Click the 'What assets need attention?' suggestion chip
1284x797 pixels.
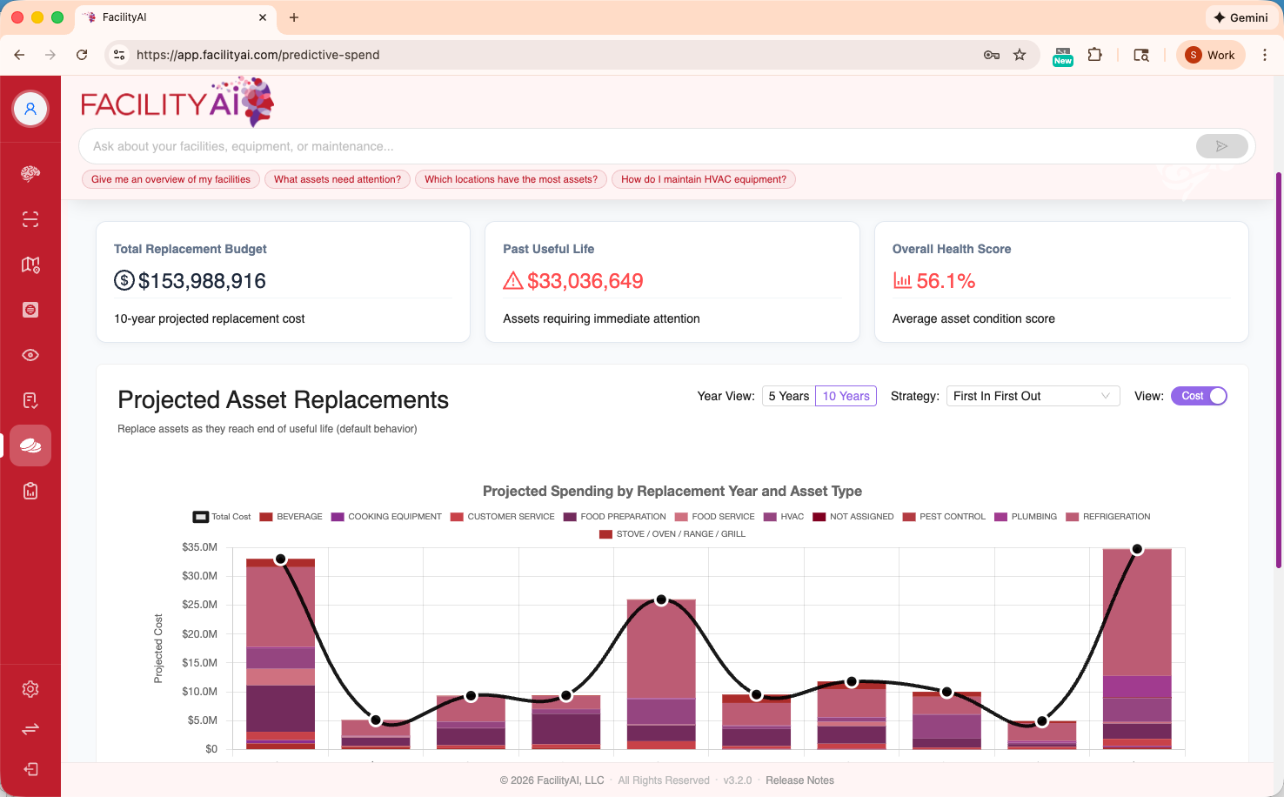337,179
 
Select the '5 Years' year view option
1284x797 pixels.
788,396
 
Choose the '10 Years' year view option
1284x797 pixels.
846,396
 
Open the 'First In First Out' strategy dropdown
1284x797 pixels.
1032,396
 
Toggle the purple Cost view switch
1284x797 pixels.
1199,396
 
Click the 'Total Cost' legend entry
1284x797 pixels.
222,517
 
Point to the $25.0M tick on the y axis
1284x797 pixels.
199,605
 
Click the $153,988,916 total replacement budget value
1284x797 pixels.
202,281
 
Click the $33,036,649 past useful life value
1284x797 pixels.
585,281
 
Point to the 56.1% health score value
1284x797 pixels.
946,281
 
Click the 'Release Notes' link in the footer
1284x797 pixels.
799,780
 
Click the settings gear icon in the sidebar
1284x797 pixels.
30,689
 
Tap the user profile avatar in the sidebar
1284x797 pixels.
30,109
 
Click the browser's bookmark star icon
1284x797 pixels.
1020,55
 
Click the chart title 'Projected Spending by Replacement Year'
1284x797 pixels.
672,492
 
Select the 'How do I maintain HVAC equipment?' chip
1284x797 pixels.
703,179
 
